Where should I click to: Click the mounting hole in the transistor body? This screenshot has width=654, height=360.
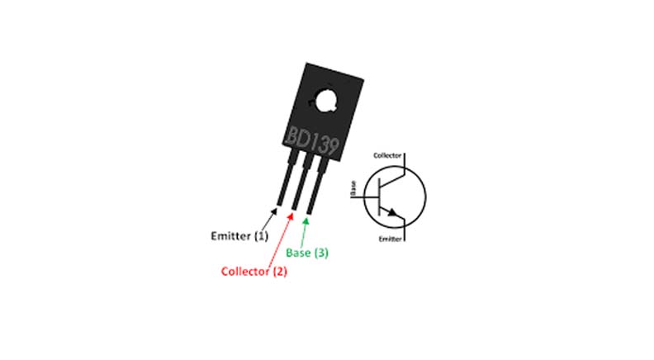click(322, 101)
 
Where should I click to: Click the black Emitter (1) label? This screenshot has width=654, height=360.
click(237, 236)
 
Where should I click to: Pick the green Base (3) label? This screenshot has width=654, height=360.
click(306, 253)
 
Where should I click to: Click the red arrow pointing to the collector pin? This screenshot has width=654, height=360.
click(287, 239)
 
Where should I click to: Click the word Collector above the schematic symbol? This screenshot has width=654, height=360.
click(387, 154)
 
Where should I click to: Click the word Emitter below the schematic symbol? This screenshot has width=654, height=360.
click(390, 239)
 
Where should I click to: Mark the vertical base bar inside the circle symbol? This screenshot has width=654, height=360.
click(379, 198)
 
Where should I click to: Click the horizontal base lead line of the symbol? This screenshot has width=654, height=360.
click(368, 198)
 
